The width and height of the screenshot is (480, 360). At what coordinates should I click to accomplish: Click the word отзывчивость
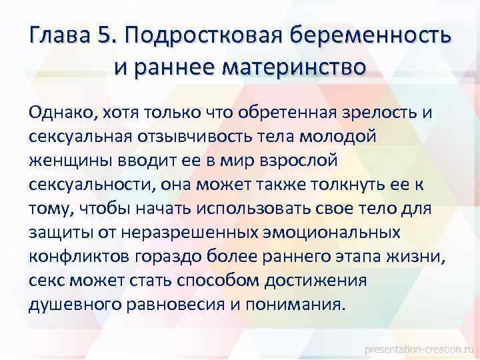tap(238, 136)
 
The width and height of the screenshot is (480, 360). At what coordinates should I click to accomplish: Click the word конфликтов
tap(76, 257)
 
